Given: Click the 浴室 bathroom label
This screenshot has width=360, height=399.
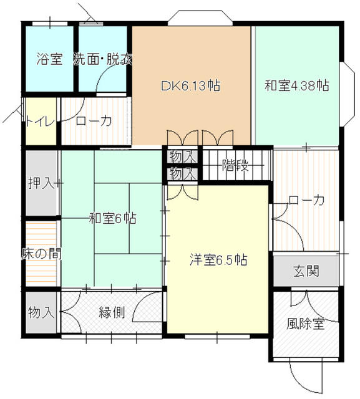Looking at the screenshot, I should (x=49, y=60).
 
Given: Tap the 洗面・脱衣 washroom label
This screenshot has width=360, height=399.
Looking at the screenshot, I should (x=102, y=60).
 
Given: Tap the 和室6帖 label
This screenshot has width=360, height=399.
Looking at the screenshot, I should (x=112, y=219).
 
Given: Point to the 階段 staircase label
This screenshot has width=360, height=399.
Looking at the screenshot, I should (x=235, y=165).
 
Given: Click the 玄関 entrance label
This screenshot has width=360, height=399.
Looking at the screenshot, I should (x=306, y=271).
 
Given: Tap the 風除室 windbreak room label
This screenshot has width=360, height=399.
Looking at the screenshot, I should (x=306, y=324).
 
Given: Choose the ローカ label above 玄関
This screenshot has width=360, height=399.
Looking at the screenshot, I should (x=306, y=201).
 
